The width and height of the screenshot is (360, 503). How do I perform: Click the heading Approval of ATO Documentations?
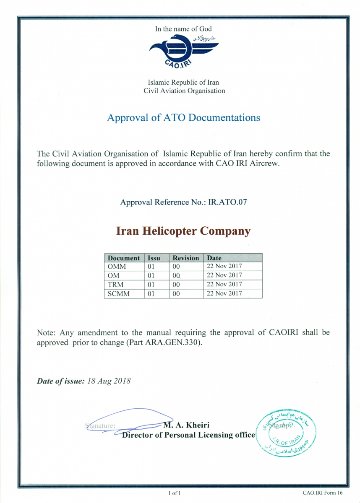(183, 117)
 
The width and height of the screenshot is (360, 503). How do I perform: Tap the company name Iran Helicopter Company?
(183, 231)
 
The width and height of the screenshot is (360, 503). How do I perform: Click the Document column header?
(124, 258)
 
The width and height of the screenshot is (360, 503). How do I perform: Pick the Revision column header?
(186, 258)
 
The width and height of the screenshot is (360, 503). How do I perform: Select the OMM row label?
(117, 267)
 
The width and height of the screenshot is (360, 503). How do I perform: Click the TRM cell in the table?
(116, 285)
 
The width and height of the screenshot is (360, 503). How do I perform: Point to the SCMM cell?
(119, 294)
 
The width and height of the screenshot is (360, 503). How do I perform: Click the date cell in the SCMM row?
(224, 293)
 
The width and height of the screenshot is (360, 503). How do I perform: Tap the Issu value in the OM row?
(151, 276)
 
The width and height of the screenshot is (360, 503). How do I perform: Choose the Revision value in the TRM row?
(176, 285)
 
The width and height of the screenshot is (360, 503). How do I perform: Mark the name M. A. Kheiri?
(186, 425)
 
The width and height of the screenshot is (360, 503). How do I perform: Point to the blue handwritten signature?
(126, 419)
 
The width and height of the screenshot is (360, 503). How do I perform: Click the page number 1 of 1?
(175, 493)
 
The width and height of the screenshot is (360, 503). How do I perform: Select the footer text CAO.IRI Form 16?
(322, 493)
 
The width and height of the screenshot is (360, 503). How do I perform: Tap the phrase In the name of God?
(183, 29)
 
